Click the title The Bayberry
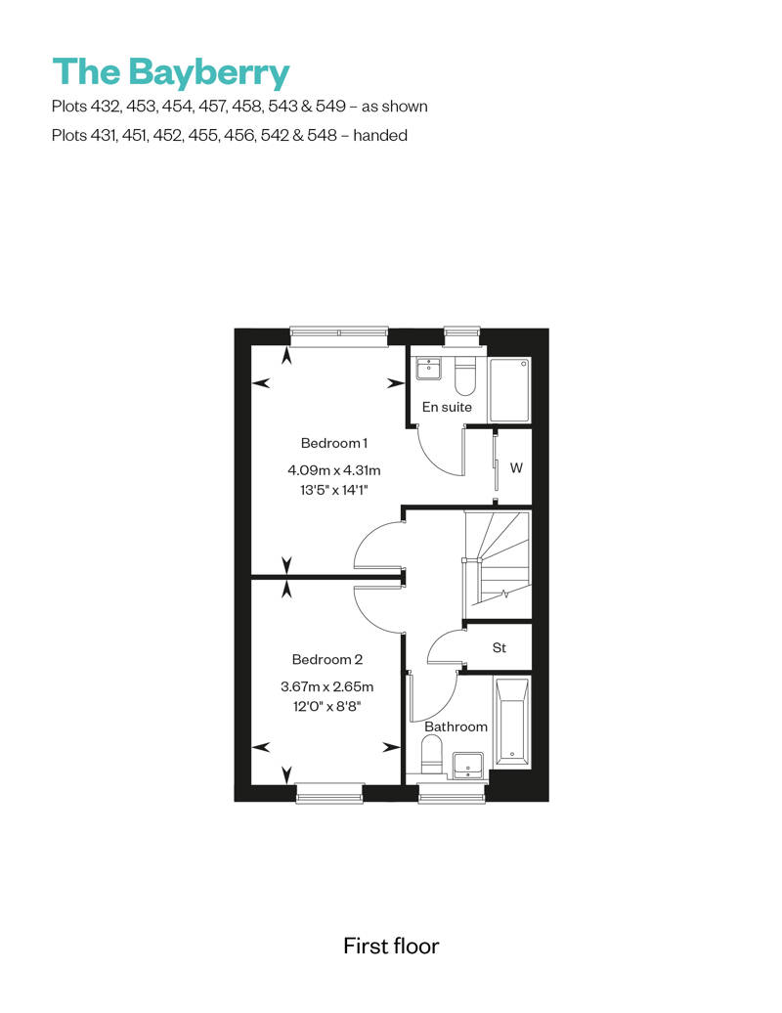coord(171,72)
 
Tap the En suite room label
coord(447,407)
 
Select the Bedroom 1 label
coord(334,443)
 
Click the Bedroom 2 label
coord(327,660)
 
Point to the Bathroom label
coord(456,727)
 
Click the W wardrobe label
coord(516,467)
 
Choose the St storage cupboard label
coord(500,647)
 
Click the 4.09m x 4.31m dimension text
coord(334,470)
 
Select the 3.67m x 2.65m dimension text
coord(327,686)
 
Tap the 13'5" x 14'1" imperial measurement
coord(334,490)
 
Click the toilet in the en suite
coord(465,376)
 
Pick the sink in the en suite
coord(429,369)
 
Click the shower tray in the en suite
coord(510,391)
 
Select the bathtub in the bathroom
coord(512,722)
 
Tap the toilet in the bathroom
coord(431,756)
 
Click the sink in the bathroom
coord(468,765)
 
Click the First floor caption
coord(391,947)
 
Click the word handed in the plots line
coord(380,136)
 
